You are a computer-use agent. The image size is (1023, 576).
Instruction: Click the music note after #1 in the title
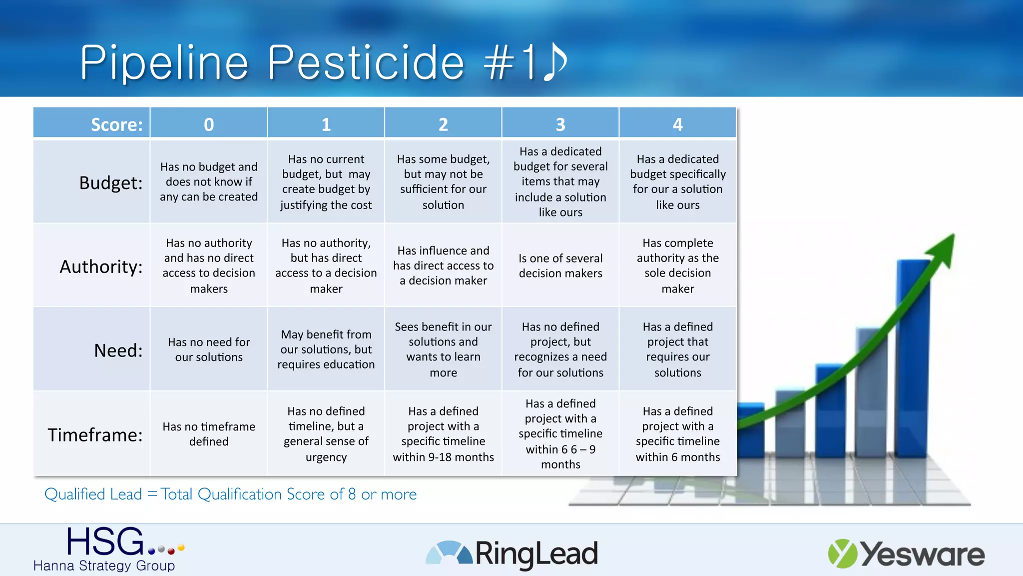point(554,62)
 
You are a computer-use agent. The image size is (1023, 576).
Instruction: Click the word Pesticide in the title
point(366,62)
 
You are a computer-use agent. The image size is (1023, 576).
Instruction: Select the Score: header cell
point(92,123)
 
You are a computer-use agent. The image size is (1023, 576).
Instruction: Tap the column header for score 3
point(560,123)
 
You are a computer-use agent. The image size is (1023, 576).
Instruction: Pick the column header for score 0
point(209,123)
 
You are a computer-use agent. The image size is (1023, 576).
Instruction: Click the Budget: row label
point(111,182)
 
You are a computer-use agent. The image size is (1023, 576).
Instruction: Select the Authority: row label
point(101,266)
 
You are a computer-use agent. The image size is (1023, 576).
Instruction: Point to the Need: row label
point(118,350)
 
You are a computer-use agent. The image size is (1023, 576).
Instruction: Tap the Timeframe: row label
point(95,434)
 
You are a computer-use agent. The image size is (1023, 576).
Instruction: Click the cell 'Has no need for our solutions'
point(209,349)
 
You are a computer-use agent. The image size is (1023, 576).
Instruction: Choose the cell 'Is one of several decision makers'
point(560,265)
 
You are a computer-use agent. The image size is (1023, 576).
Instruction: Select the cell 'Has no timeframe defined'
point(209,433)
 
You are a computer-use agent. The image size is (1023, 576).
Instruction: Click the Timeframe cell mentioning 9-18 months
point(443,433)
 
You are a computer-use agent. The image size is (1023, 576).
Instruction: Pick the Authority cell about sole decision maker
point(677,265)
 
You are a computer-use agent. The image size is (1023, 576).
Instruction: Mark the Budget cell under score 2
point(443,181)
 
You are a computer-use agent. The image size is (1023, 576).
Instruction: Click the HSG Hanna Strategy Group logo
point(107,548)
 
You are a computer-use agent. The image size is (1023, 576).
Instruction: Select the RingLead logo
point(512,553)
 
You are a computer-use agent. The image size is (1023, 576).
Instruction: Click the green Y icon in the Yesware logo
point(842,553)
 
